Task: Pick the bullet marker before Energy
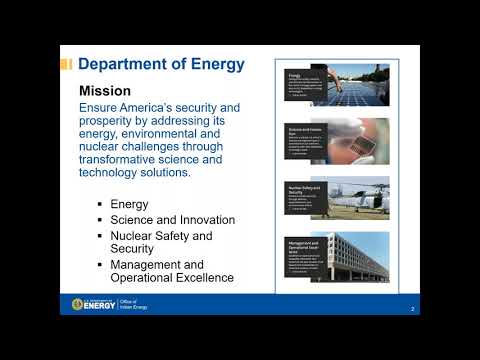(100, 204)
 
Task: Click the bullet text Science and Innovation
(173, 220)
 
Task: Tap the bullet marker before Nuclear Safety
(100, 236)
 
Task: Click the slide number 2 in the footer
(413, 309)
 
